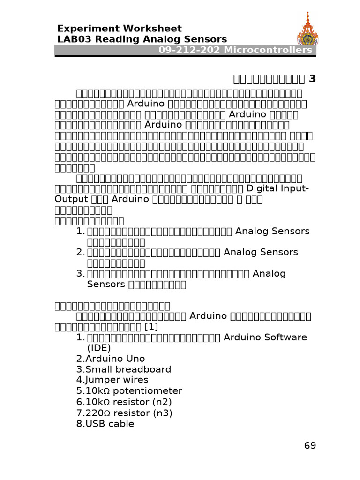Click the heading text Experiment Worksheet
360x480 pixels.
click(119, 29)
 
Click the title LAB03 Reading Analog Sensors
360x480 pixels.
click(142, 39)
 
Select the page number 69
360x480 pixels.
click(310, 445)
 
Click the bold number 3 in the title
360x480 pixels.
click(312, 78)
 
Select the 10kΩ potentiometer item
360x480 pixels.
click(133, 391)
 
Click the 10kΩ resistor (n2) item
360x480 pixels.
click(129, 402)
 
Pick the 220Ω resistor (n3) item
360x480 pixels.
click(128, 413)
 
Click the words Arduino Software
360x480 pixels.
click(265, 337)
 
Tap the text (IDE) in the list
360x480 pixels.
click(99, 348)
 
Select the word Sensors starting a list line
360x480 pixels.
click(106, 284)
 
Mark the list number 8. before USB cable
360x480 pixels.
click(81, 424)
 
